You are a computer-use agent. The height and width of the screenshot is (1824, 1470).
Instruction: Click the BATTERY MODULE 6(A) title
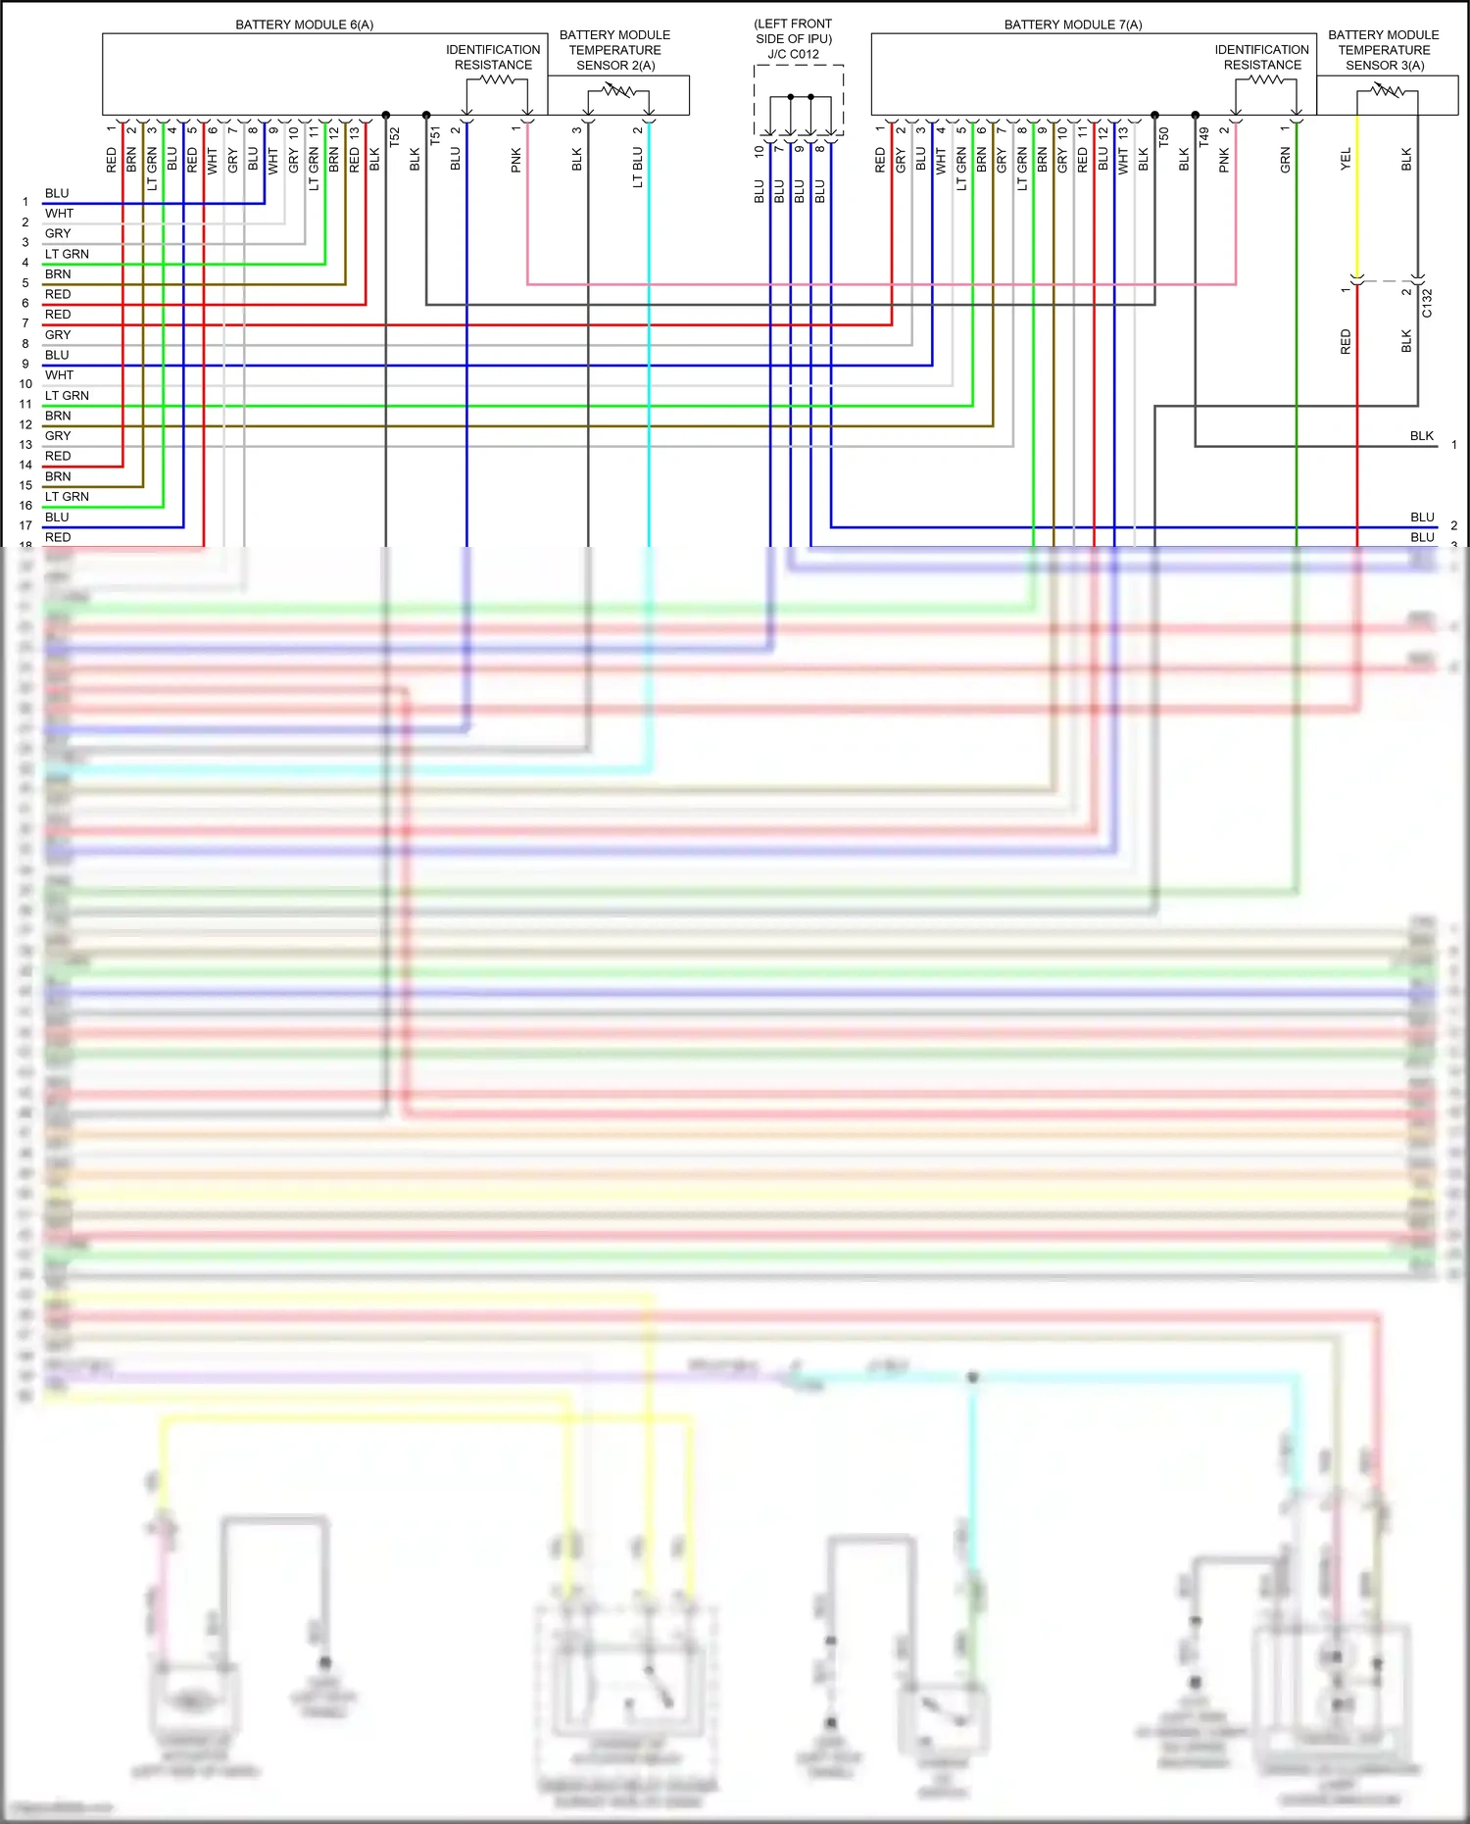pyautogui.click(x=304, y=25)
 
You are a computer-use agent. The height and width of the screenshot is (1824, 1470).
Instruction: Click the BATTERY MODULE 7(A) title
pyautogui.click(x=1072, y=25)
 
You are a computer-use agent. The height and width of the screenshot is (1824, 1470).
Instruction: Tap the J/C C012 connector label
pyautogui.click(x=793, y=54)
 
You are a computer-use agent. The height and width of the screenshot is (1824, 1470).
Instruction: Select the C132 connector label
pyautogui.click(x=1427, y=303)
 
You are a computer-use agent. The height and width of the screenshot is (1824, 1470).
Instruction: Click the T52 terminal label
pyautogui.click(x=394, y=136)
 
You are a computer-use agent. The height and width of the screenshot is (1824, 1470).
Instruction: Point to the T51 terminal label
pyautogui.click(x=434, y=136)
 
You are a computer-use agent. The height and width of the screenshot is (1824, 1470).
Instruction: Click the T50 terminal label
pyautogui.click(x=1163, y=136)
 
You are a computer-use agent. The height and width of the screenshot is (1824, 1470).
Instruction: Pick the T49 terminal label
pyautogui.click(x=1203, y=136)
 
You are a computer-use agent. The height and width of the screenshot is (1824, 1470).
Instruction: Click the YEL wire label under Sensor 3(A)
pyautogui.click(x=1345, y=159)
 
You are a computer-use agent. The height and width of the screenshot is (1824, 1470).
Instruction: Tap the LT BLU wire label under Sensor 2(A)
pyautogui.click(x=637, y=167)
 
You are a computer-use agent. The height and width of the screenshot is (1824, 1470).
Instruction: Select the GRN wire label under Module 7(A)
pyautogui.click(x=1284, y=162)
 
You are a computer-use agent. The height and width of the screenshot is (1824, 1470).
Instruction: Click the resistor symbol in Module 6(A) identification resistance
pyautogui.click(x=497, y=80)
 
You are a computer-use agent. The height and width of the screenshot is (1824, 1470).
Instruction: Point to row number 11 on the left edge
pyautogui.click(x=25, y=404)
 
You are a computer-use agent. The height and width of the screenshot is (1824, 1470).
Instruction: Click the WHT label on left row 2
pyautogui.click(x=59, y=214)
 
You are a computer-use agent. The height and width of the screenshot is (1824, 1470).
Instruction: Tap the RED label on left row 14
pyautogui.click(x=58, y=457)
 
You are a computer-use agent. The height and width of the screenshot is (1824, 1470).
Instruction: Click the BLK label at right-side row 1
pyautogui.click(x=1421, y=436)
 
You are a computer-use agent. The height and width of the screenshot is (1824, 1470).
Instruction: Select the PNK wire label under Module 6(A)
pyautogui.click(x=515, y=161)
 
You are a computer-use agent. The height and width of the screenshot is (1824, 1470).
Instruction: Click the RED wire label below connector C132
pyautogui.click(x=1345, y=341)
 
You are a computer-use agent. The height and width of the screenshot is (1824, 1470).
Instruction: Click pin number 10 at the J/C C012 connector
pyautogui.click(x=759, y=152)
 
